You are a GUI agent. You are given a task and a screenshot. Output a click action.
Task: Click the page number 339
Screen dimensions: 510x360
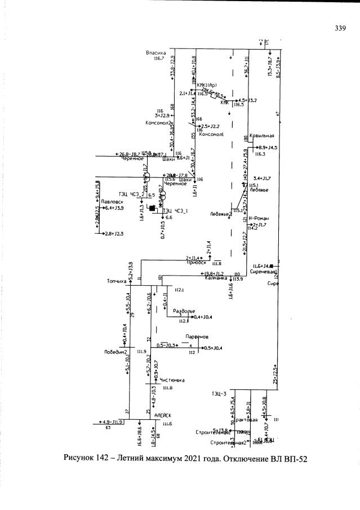(339, 29)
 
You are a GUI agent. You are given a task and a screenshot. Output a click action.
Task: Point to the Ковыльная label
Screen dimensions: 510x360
(263, 136)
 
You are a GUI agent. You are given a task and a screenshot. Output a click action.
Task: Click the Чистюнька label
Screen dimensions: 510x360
(172, 379)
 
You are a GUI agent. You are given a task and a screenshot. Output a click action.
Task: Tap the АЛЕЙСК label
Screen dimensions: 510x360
(163, 415)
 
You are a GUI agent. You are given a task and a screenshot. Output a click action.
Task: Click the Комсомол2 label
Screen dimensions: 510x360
(159, 123)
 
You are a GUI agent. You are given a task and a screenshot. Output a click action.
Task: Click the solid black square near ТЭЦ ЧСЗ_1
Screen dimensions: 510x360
(151, 208)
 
